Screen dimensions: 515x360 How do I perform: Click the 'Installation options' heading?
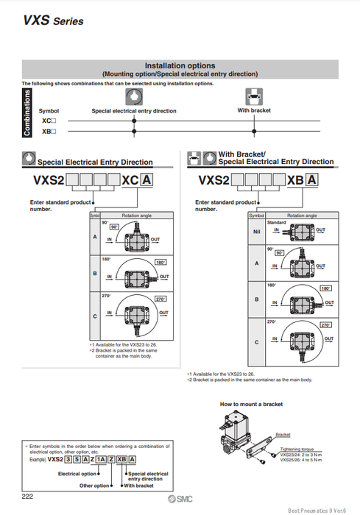pyautogui.click(x=180, y=65)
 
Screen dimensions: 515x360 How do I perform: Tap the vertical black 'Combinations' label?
pyautogui.click(x=27, y=113)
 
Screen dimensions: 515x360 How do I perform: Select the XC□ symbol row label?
pyautogui.click(x=49, y=120)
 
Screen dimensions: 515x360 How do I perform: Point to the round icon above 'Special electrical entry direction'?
pyautogui.click(x=133, y=97)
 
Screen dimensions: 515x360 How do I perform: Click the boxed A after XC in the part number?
pyautogui.click(x=147, y=180)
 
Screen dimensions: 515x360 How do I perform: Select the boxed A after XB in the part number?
pyautogui.click(x=312, y=180)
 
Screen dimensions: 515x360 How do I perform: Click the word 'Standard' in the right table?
pyautogui.click(x=277, y=221)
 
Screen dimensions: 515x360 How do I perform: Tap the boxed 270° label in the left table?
pyautogui.click(x=160, y=300)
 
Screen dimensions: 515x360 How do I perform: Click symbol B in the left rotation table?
pyautogui.click(x=94, y=274)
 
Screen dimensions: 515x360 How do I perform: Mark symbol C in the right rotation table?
pyautogui.click(x=256, y=342)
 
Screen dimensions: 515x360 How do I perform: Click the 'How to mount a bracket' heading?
pyautogui.click(x=251, y=404)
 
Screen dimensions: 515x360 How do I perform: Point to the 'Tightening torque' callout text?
pyautogui.click(x=296, y=448)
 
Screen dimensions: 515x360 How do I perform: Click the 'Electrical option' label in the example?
pyautogui.click(x=77, y=474)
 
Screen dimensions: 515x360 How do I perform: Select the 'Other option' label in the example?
pyautogui.click(x=94, y=486)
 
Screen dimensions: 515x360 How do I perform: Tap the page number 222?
pyautogui.click(x=27, y=498)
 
